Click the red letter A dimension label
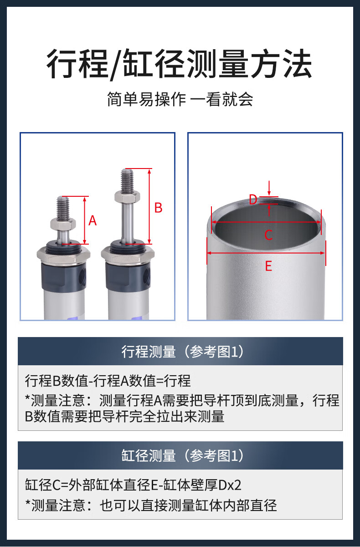[93, 220]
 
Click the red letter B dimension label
[159, 208]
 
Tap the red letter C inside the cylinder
[268, 235]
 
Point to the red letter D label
[253, 199]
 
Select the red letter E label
[268, 266]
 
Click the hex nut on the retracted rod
[63, 224]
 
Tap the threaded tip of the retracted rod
[63, 208]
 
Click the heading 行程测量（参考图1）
[183, 352]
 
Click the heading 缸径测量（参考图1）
[183, 455]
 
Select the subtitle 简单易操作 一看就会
[180, 99]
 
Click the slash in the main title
[116, 65]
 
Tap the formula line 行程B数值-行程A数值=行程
[108, 381]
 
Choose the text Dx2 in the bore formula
[230, 485]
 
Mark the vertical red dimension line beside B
[149, 206]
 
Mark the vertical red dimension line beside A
[85, 220]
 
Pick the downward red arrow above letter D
[269, 188]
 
